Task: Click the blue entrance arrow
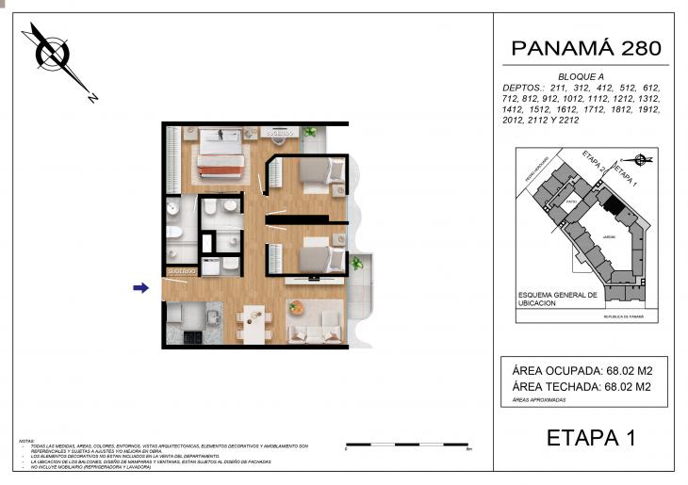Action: pos(140,288)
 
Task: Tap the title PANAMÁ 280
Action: pos(585,48)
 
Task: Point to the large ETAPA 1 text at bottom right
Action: pos(591,438)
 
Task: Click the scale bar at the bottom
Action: pos(414,444)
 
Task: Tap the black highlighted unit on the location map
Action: pos(613,203)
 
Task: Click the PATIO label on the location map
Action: pos(571,202)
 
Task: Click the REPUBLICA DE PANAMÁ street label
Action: pos(625,318)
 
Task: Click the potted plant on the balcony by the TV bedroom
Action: pos(357,265)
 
